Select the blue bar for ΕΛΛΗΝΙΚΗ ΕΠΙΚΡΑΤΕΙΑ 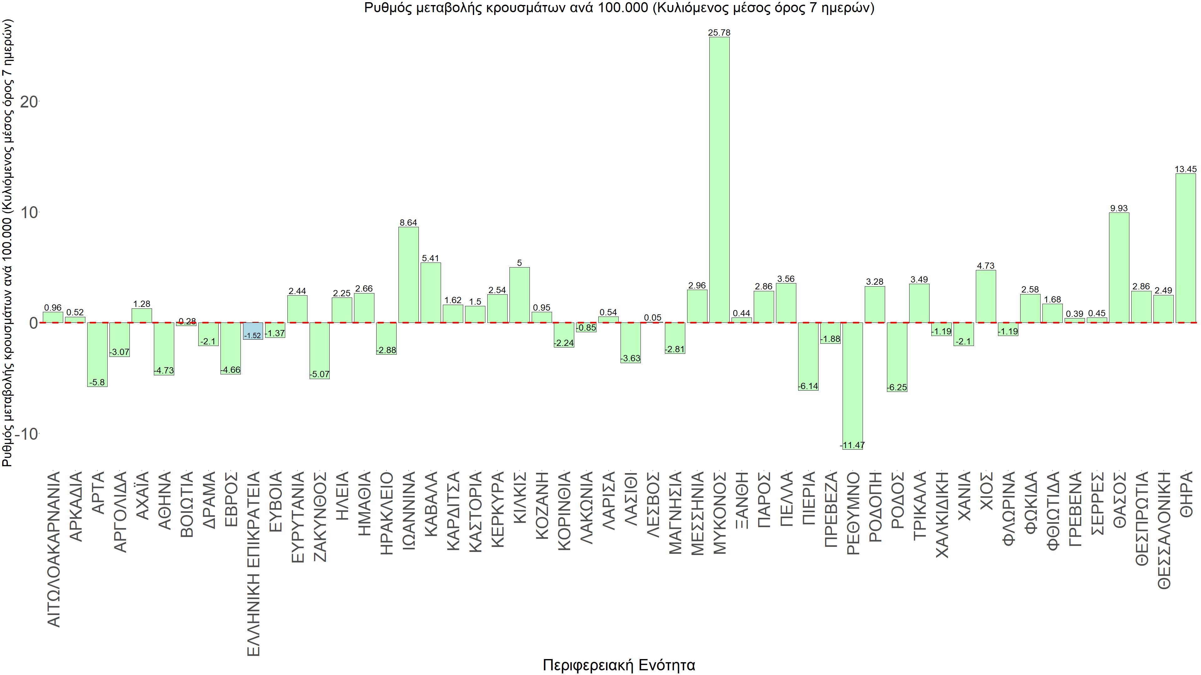[x=253, y=330]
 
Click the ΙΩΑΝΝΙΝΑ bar [x=408, y=275]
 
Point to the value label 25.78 [x=719, y=32]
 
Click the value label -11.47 [x=852, y=445]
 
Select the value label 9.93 [x=1119, y=208]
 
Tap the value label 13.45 [x=1186, y=169]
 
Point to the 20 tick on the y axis [x=29, y=102]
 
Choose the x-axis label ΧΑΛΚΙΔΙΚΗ [x=942, y=514]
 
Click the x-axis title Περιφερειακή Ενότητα [x=619, y=665]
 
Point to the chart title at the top [x=619, y=8]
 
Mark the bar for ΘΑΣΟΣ [x=1119, y=267]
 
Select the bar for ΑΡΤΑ [x=98, y=354]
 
